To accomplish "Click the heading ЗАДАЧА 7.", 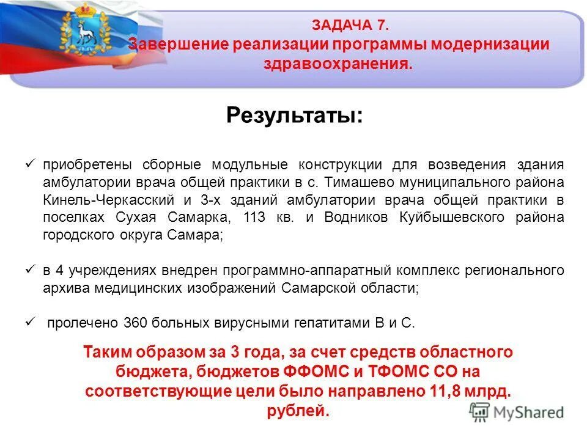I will pyautogui.click(x=349, y=25).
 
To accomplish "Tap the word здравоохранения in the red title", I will pyautogui.click(x=338, y=64).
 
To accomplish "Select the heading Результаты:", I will pyautogui.click(x=293, y=115).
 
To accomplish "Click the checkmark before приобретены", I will pyautogui.click(x=31, y=164).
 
